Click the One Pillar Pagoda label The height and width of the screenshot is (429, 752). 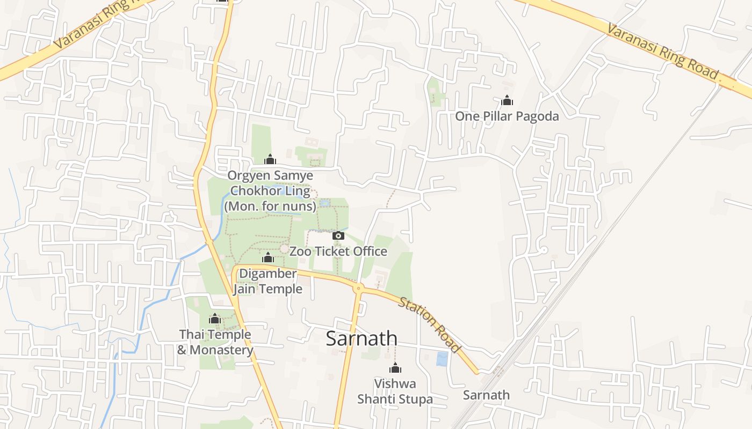coord(507,116)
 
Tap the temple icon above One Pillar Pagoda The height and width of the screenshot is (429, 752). coord(507,100)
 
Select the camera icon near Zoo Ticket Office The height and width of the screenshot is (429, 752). coord(338,235)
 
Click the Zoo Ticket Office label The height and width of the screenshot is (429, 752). coord(338,251)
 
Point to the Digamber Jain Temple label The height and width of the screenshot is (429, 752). coord(267,282)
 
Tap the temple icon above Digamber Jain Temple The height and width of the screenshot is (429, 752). coord(267,258)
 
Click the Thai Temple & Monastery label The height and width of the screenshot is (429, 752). coord(215,342)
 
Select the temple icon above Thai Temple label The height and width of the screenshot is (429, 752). coord(215,319)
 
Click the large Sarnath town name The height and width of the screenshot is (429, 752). coord(361,338)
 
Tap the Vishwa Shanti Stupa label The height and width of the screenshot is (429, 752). coord(395,391)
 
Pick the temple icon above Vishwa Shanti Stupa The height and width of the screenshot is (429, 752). coord(395,368)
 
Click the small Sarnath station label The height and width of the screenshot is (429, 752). coord(486,395)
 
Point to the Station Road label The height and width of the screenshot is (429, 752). coord(430,325)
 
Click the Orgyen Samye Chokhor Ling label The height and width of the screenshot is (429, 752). coord(270,190)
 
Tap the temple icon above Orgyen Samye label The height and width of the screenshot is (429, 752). coord(270,159)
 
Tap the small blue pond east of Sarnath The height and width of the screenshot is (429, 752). coord(442,359)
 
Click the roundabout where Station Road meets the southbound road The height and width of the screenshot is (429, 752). coord(358,289)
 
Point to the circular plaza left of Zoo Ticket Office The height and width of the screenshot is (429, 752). coord(284,249)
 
